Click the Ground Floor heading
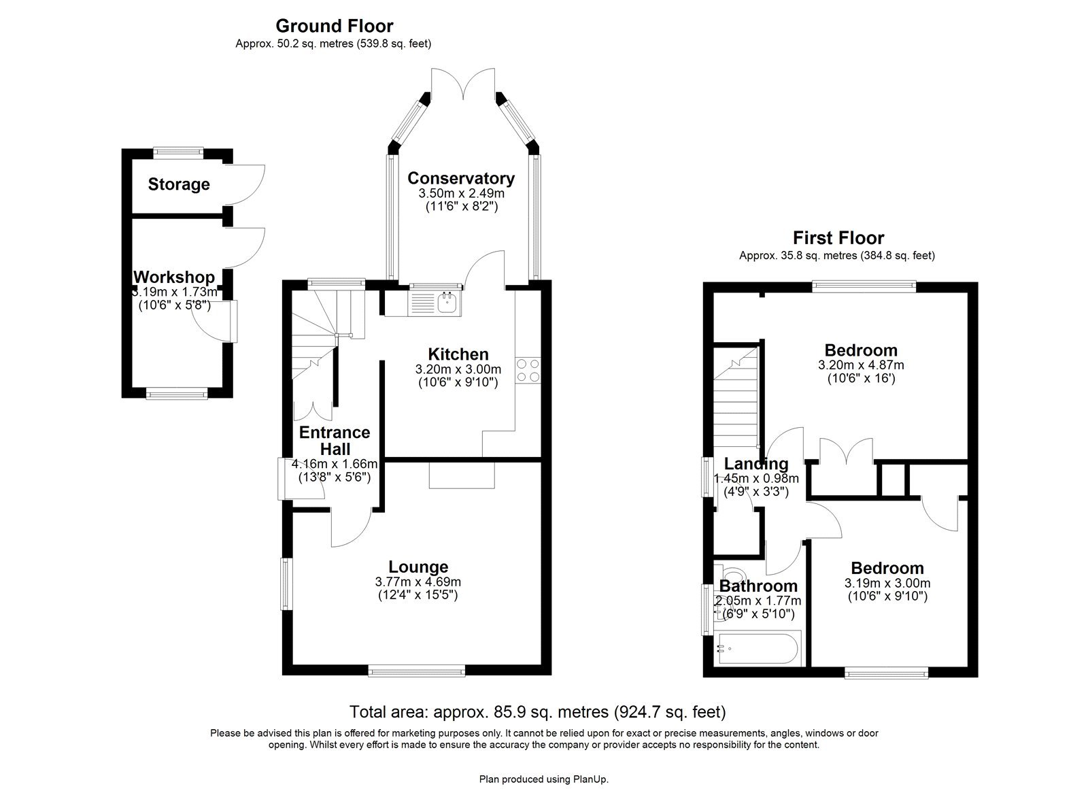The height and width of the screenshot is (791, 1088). [334, 26]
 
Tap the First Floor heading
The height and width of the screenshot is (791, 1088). [838, 238]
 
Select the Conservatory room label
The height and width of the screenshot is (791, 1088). [460, 178]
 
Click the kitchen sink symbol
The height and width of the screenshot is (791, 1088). [447, 302]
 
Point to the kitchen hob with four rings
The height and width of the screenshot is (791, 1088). [528, 370]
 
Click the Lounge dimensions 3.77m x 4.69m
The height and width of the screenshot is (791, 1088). [418, 582]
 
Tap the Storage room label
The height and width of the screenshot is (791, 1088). [179, 184]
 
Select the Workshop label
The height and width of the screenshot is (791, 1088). [173, 277]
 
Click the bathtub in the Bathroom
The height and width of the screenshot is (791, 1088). [758, 648]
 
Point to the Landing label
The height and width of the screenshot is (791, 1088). [755, 464]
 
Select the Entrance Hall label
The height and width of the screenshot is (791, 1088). [335, 441]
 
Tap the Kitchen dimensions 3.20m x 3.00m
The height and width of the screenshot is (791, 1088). [458, 369]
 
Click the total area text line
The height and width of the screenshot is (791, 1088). [537, 712]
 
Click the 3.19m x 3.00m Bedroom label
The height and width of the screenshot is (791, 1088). [887, 568]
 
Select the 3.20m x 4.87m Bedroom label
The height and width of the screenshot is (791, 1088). [860, 350]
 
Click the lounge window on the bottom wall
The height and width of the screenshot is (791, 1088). [417, 672]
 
